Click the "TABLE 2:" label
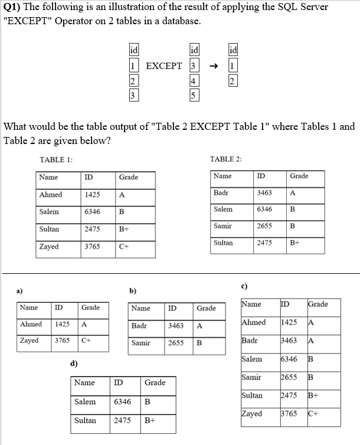coord(226,159)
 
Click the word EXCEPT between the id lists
coord(163,66)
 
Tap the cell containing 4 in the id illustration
coord(194,81)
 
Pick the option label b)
coord(133,290)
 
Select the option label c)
coord(244,286)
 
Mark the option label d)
coord(73,363)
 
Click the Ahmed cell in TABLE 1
coord(51,195)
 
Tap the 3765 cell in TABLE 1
coord(92,247)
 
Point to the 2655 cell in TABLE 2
coord(264,226)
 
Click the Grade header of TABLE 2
coord(299,176)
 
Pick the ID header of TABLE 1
coord(89,177)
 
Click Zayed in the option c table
coord(252,414)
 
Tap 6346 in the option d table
coord(123,402)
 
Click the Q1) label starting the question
coord(13,8)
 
